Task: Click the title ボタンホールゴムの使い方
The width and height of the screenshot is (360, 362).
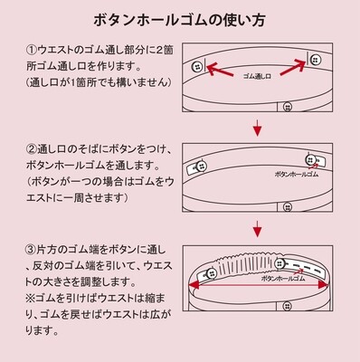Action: click(180, 20)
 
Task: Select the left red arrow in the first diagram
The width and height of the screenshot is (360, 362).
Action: click(220, 69)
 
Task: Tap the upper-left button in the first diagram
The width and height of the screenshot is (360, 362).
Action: click(197, 68)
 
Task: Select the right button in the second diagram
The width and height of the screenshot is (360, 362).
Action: click(313, 159)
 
